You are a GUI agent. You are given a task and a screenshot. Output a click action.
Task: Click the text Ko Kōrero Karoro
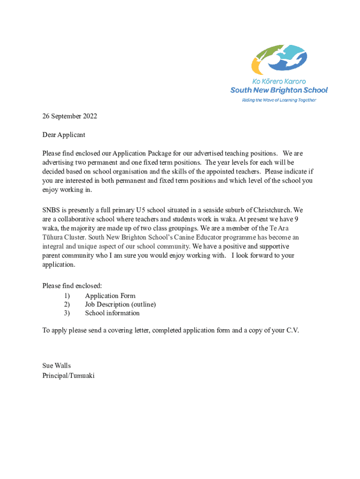click(x=279, y=81)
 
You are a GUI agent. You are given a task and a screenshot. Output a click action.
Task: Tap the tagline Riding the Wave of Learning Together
click(x=279, y=100)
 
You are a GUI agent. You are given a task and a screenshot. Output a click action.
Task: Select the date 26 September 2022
click(x=70, y=116)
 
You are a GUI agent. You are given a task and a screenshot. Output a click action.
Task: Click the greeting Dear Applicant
click(x=64, y=135)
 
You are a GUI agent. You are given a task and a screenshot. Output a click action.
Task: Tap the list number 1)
click(x=66, y=296)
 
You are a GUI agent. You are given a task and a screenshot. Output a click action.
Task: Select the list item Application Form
click(x=110, y=296)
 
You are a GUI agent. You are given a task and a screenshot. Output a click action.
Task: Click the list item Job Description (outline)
click(x=120, y=305)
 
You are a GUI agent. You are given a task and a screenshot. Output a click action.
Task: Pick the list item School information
click(x=112, y=313)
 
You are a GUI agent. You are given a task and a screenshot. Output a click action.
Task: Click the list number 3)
click(x=66, y=313)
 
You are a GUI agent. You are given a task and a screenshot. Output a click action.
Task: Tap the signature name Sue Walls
click(x=57, y=366)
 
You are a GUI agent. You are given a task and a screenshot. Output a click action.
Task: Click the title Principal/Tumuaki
click(x=68, y=375)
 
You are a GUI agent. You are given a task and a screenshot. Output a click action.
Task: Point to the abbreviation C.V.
click(x=292, y=331)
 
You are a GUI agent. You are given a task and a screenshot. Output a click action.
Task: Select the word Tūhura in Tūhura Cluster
click(x=53, y=238)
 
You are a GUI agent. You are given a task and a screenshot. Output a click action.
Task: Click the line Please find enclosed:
click(x=72, y=286)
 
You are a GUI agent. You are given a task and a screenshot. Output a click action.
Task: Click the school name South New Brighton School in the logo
click(x=279, y=90)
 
